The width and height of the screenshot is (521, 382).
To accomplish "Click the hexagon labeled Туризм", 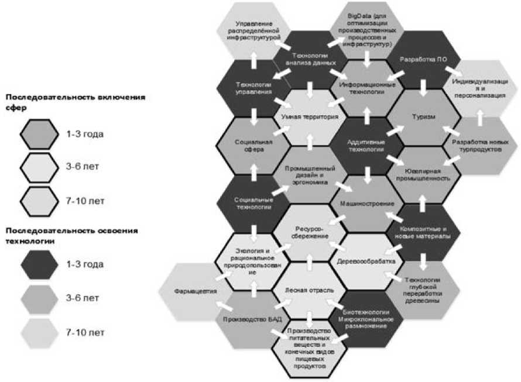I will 423,116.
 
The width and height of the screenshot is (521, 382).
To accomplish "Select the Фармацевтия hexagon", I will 196,291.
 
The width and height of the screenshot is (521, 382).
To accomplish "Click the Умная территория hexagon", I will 310,117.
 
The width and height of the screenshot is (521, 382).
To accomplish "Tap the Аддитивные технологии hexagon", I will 366,146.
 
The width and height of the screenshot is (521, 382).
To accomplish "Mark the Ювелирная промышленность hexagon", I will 423,174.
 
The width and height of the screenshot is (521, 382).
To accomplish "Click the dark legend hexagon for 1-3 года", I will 39,264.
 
